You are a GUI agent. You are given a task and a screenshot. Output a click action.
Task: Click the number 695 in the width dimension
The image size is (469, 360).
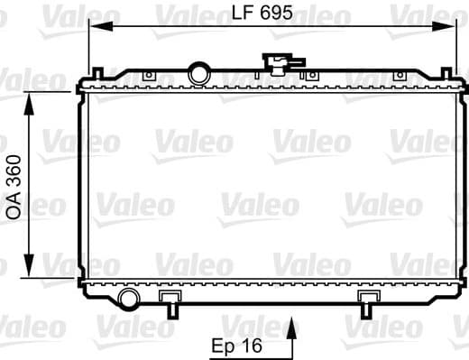[277, 14]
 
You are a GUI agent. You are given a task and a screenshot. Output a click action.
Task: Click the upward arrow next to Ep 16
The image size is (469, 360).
[290, 337]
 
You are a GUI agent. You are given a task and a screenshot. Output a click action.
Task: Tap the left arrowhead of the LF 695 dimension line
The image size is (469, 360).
[93, 28]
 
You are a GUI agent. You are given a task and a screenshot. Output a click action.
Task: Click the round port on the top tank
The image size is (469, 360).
[198, 70]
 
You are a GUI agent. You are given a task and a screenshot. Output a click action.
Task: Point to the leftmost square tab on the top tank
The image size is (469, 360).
[149, 74]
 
